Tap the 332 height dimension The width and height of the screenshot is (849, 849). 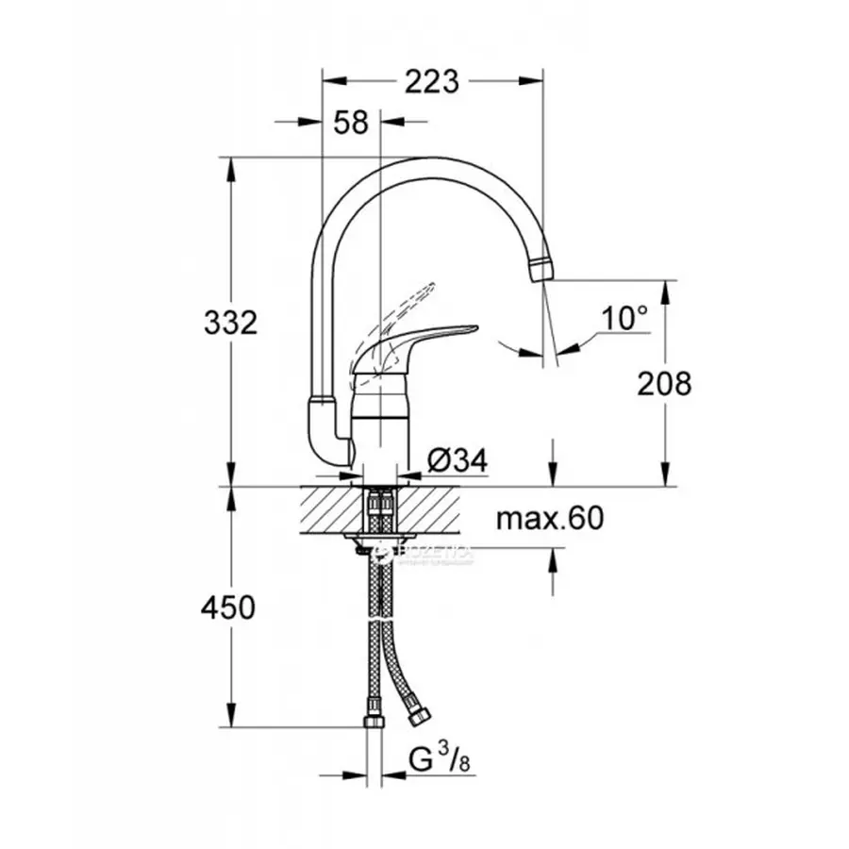tap(230, 323)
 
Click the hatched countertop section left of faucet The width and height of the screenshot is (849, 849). tap(330, 509)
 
